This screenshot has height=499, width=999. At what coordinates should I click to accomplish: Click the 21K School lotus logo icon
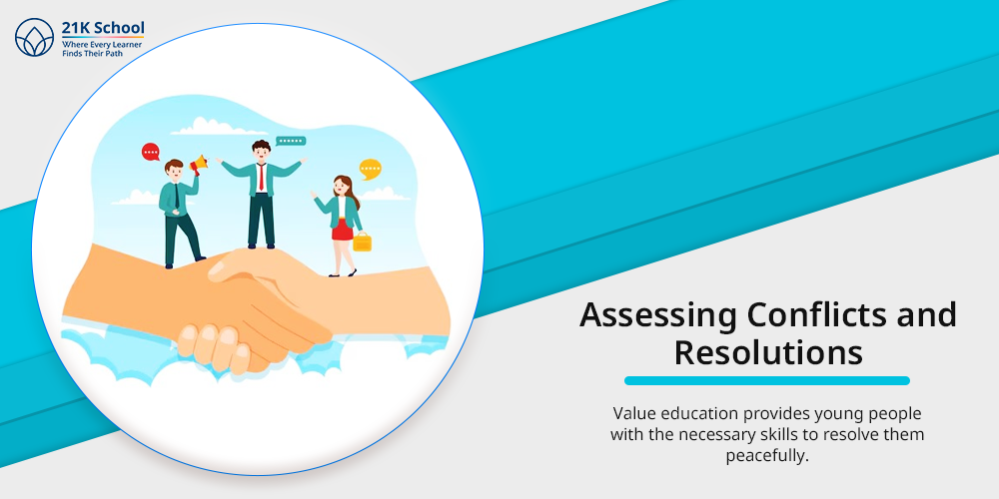click(x=34, y=38)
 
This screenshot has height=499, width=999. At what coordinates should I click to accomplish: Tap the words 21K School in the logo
click(x=103, y=28)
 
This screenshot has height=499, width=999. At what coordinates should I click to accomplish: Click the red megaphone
click(x=200, y=164)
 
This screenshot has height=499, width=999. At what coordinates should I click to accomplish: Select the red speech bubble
click(x=151, y=152)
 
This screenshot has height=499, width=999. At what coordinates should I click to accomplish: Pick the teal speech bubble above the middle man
click(x=291, y=142)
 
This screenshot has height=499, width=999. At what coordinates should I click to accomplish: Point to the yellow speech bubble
click(x=371, y=169)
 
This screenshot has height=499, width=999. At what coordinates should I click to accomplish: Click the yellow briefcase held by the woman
click(x=362, y=242)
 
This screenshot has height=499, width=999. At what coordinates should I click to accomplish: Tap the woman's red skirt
click(x=342, y=230)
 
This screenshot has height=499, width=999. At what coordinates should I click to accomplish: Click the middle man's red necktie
click(x=261, y=177)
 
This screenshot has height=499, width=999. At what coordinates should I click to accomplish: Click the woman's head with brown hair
click(x=342, y=186)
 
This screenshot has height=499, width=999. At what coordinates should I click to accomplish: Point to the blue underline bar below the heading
click(x=767, y=380)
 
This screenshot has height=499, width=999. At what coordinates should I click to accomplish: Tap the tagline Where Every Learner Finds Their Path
click(x=102, y=49)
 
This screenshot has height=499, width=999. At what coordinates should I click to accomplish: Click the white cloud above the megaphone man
click(x=210, y=126)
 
